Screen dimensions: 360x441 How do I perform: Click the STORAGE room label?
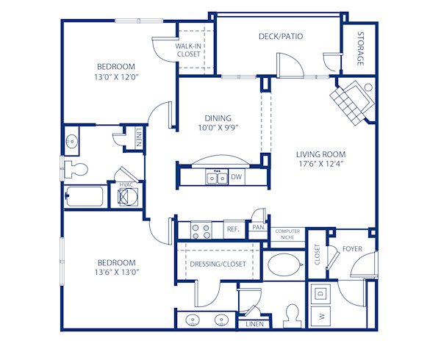tap(361, 48)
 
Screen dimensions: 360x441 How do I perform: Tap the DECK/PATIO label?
tap(281, 36)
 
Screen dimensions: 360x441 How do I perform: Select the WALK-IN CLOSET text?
tap(188, 49)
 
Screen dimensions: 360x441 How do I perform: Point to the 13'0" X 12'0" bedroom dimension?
tap(117, 76)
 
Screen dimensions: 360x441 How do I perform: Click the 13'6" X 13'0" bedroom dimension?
tap(118, 272)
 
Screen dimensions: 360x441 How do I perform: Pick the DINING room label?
tap(218, 118)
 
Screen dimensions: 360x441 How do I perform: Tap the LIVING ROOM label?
tap(320, 154)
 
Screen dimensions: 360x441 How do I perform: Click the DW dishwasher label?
tap(237, 177)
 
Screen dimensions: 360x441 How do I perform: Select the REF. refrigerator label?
tap(233, 229)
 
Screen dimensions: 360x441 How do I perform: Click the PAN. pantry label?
tap(258, 228)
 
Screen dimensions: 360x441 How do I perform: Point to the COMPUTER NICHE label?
tap(287, 234)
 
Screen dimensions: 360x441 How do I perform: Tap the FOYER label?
tap(354, 249)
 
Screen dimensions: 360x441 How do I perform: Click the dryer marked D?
tap(321, 292)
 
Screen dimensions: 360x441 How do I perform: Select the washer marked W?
tap(321, 317)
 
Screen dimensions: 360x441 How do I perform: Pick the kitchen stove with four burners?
tap(201, 229)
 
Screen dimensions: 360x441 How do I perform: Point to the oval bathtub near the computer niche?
tap(283, 264)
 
